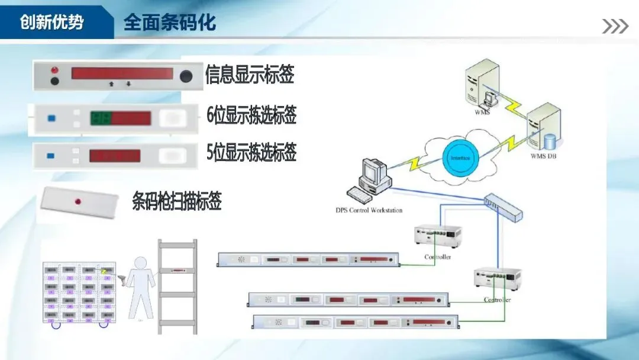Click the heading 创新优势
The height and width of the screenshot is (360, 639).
point(52,22)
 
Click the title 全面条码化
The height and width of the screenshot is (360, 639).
point(170,22)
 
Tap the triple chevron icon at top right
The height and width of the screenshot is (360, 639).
point(615,26)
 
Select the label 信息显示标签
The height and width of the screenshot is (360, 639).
point(250,75)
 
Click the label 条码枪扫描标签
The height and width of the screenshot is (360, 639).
point(177,201)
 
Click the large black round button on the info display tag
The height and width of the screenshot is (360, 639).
point(186,76)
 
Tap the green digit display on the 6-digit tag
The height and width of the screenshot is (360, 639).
point(100,118)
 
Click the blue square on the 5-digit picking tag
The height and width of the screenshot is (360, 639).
point(50,156)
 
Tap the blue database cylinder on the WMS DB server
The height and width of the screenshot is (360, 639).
point(551,142)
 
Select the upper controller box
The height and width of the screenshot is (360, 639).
point(438,236)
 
